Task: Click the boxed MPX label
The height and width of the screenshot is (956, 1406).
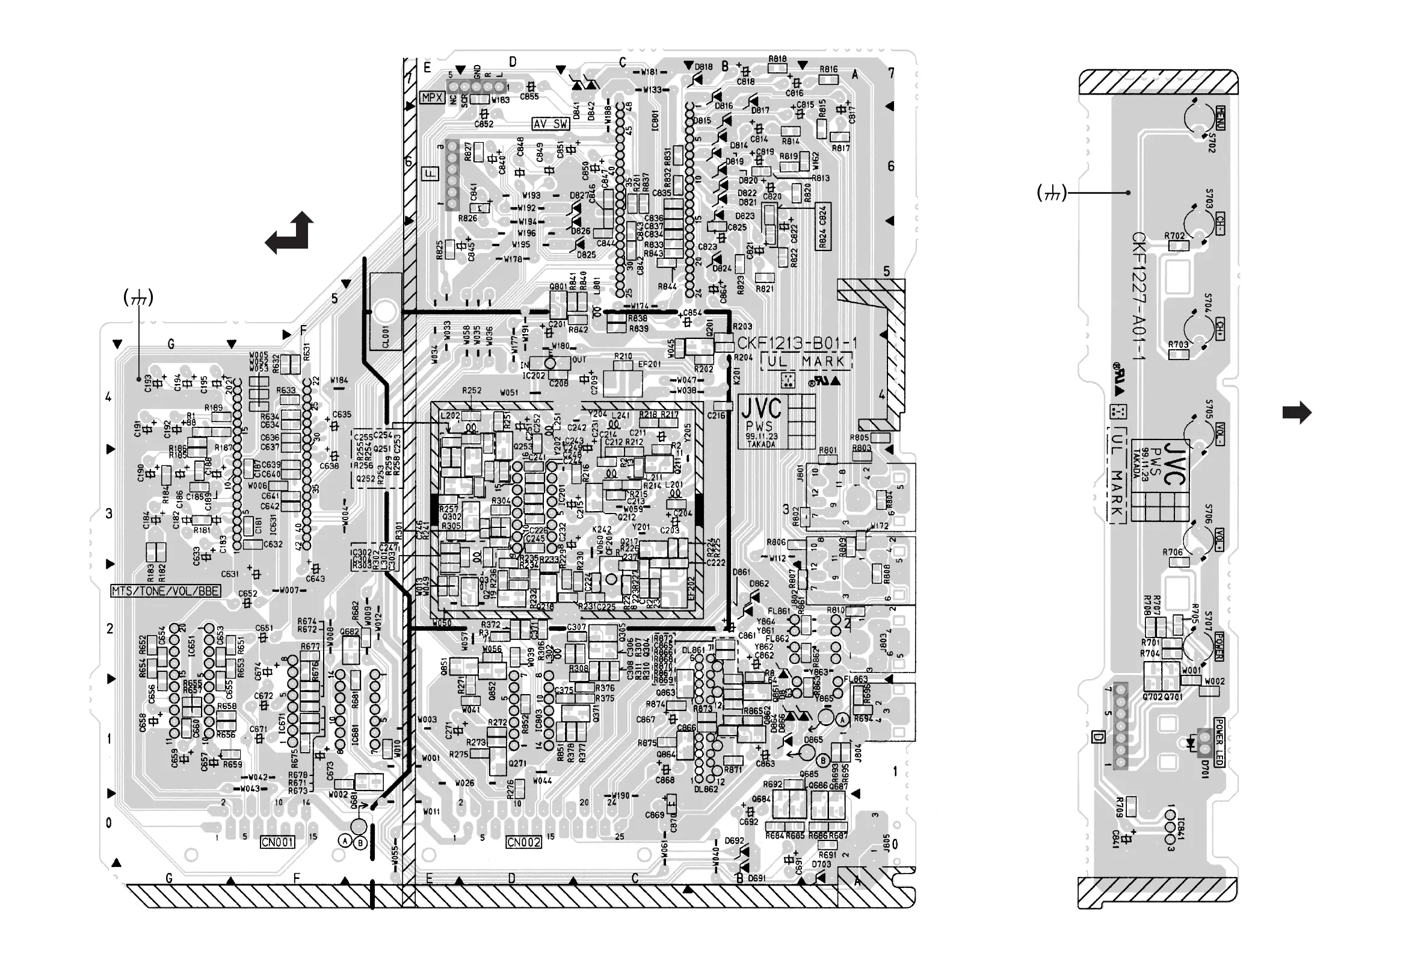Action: pos(432,98)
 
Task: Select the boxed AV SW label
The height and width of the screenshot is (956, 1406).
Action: pos(550,123)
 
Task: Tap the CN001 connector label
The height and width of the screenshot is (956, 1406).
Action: pos(278,842)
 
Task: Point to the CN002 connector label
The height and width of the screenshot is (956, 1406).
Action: pos(523,842)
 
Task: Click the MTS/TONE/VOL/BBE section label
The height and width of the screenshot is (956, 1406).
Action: pos(166,591)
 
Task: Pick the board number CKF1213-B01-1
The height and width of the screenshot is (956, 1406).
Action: pos(797,343)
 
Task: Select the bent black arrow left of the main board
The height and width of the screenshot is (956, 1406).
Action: pos(291,234)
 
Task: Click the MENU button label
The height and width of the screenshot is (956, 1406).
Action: pos(1220,117)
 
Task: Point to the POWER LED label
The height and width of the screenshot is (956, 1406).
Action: pos(1219,742)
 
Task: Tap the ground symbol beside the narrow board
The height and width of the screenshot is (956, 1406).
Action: pos(1052,193)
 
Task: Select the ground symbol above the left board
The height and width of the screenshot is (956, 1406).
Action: pos(138,297)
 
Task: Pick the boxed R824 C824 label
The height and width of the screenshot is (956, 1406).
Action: pos(823,226)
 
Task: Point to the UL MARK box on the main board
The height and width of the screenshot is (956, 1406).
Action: pos(806,362)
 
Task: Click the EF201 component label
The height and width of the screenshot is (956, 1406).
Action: pos(649,364)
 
